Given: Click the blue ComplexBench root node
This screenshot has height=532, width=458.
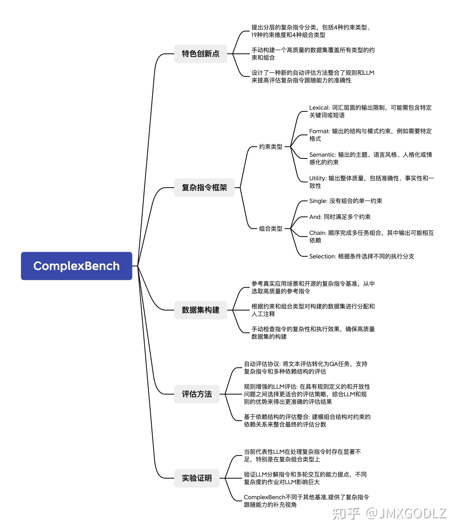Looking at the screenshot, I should [76, 266].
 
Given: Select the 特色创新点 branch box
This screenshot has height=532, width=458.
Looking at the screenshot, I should [200, 54].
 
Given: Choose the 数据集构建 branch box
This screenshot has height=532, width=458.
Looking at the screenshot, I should [200, 310].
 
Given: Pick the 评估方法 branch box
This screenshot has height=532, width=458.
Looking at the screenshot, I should [197, 394].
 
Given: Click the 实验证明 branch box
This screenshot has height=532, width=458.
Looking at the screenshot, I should [197, 478].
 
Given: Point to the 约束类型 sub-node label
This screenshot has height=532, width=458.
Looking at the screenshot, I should [271, 147].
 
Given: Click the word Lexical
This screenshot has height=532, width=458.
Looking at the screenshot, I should [319, 108].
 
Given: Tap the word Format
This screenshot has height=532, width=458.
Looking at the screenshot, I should [319, 131].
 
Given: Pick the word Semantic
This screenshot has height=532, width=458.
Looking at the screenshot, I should [322, 155].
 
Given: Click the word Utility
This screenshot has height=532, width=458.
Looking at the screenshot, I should [317, 178].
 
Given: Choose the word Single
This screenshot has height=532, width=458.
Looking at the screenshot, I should [317, 201].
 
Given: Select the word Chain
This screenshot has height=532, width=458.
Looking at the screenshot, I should [317, 233].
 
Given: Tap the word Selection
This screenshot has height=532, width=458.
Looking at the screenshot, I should [322, 256].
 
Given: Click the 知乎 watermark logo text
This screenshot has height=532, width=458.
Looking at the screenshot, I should [346, 514].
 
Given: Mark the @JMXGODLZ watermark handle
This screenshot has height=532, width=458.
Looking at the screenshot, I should [406, 514].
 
